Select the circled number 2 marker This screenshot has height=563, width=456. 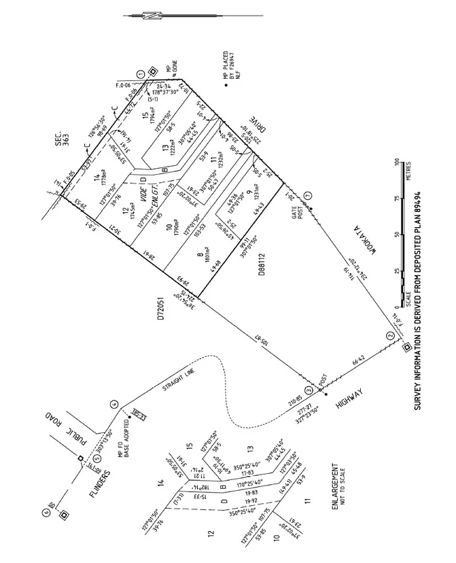coord(389,336)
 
